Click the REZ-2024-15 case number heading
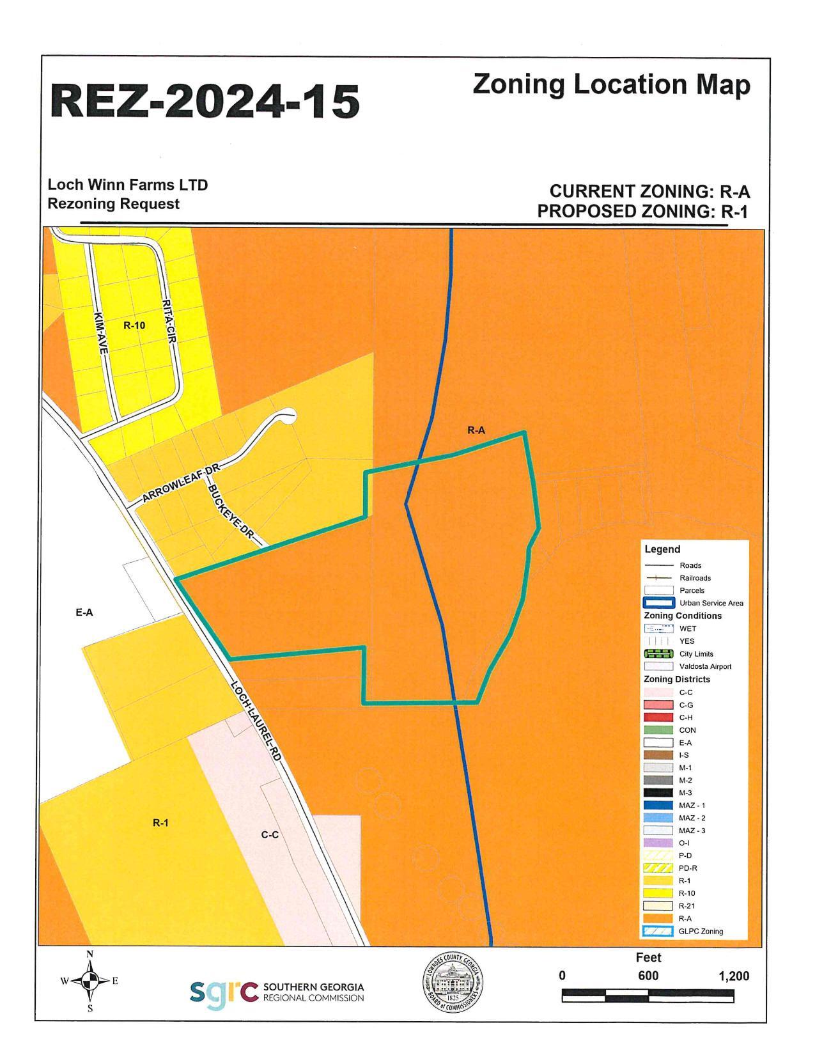(205, 101)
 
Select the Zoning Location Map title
(612, 85)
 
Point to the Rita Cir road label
(169, 323)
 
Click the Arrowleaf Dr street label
(182, 484)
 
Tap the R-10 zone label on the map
(134, 325)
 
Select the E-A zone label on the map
(84, 613)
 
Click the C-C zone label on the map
(270, 835)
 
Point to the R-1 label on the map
(160, 823)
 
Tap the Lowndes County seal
(453, 980)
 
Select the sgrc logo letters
(223, 992)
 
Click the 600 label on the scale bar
(648, 976)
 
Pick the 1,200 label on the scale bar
(733, 976)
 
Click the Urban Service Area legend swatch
(659, 603)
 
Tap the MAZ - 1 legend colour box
(659, 806)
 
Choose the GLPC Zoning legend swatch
(659, 932)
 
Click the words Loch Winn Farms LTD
(128, 185)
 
